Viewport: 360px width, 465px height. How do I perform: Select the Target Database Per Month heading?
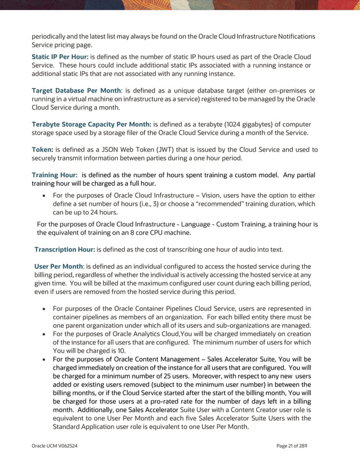[76, 90]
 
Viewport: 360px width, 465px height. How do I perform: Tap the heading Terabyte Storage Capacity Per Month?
[91, 124]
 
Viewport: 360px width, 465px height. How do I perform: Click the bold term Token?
[42, 150]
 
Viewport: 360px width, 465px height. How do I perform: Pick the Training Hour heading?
[54, 175]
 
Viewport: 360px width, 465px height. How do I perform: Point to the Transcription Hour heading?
[64, 249]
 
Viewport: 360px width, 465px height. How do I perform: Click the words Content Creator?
[260, 410]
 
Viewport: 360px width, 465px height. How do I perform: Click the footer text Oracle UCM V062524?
[55, 446]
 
